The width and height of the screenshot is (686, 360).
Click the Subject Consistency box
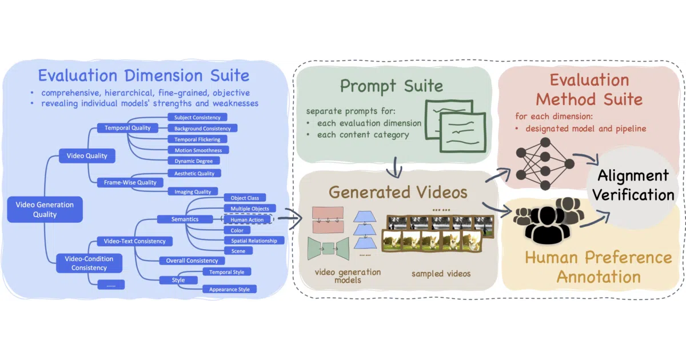click(x=197, y=117)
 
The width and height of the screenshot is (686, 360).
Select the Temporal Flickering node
click(x=197, y=139)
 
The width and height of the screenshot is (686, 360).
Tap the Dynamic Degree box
click(x=194, y=161)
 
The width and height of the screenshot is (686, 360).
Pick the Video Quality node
click(x=87, y=156)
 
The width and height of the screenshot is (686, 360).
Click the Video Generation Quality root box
click(x=45, y=209)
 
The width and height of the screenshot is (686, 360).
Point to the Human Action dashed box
click(x=247, y=219)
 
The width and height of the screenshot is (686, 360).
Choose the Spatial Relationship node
click(x=254, y=241)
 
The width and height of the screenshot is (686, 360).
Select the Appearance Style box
click(x=229, y=289)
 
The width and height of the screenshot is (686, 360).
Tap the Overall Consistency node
click(x=192, y=261)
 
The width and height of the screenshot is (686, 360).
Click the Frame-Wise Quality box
click(x=130, y=182)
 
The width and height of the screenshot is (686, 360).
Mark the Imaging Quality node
click(x=193, y=191)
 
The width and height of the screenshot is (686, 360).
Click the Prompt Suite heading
click(x=392, y=86)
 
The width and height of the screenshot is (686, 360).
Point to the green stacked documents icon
click(x=455, y=126)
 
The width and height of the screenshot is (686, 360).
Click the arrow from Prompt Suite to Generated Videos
click(x=396, y=167)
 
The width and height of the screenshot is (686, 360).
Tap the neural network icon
click(x=545, y=164)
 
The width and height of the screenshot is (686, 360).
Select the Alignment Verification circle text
click(x=633, y=185)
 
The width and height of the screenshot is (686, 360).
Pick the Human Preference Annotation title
click(x=599, y=267)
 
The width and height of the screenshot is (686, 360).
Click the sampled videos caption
click(x=441, y=273)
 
